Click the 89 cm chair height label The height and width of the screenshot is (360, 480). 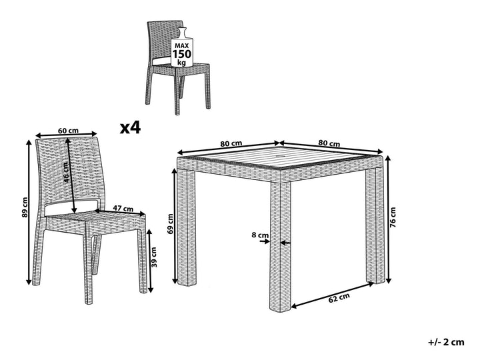(x=25, y=208)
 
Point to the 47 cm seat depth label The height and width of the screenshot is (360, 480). (x=121, y=209)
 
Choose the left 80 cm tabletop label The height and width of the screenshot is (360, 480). (x=231, y=143)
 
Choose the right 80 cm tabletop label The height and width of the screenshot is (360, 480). (x=329, y=143)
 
